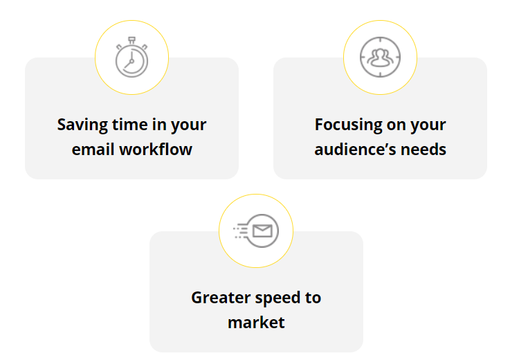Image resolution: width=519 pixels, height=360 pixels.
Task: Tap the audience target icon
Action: (380, 57)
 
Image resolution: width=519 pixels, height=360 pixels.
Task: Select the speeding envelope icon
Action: (256, 231)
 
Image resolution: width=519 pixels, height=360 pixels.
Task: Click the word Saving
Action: (82, 125)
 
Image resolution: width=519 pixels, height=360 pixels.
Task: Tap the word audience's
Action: (355, 150)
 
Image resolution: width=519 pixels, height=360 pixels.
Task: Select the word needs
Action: (424, 150)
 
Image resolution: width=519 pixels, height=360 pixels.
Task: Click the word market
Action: (256, 322)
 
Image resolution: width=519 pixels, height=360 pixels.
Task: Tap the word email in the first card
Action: (93, 150)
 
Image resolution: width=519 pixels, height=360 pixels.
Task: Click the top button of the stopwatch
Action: (131, 40)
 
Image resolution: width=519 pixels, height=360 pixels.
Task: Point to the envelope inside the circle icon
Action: (262, 231)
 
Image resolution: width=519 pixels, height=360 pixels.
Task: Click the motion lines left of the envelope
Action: (241, 231)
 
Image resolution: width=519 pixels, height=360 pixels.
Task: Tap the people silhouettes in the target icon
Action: (380, 57)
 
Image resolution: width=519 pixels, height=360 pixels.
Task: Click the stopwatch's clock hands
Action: (129, 60)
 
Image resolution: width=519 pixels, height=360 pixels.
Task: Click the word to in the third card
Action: (313, 298)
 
